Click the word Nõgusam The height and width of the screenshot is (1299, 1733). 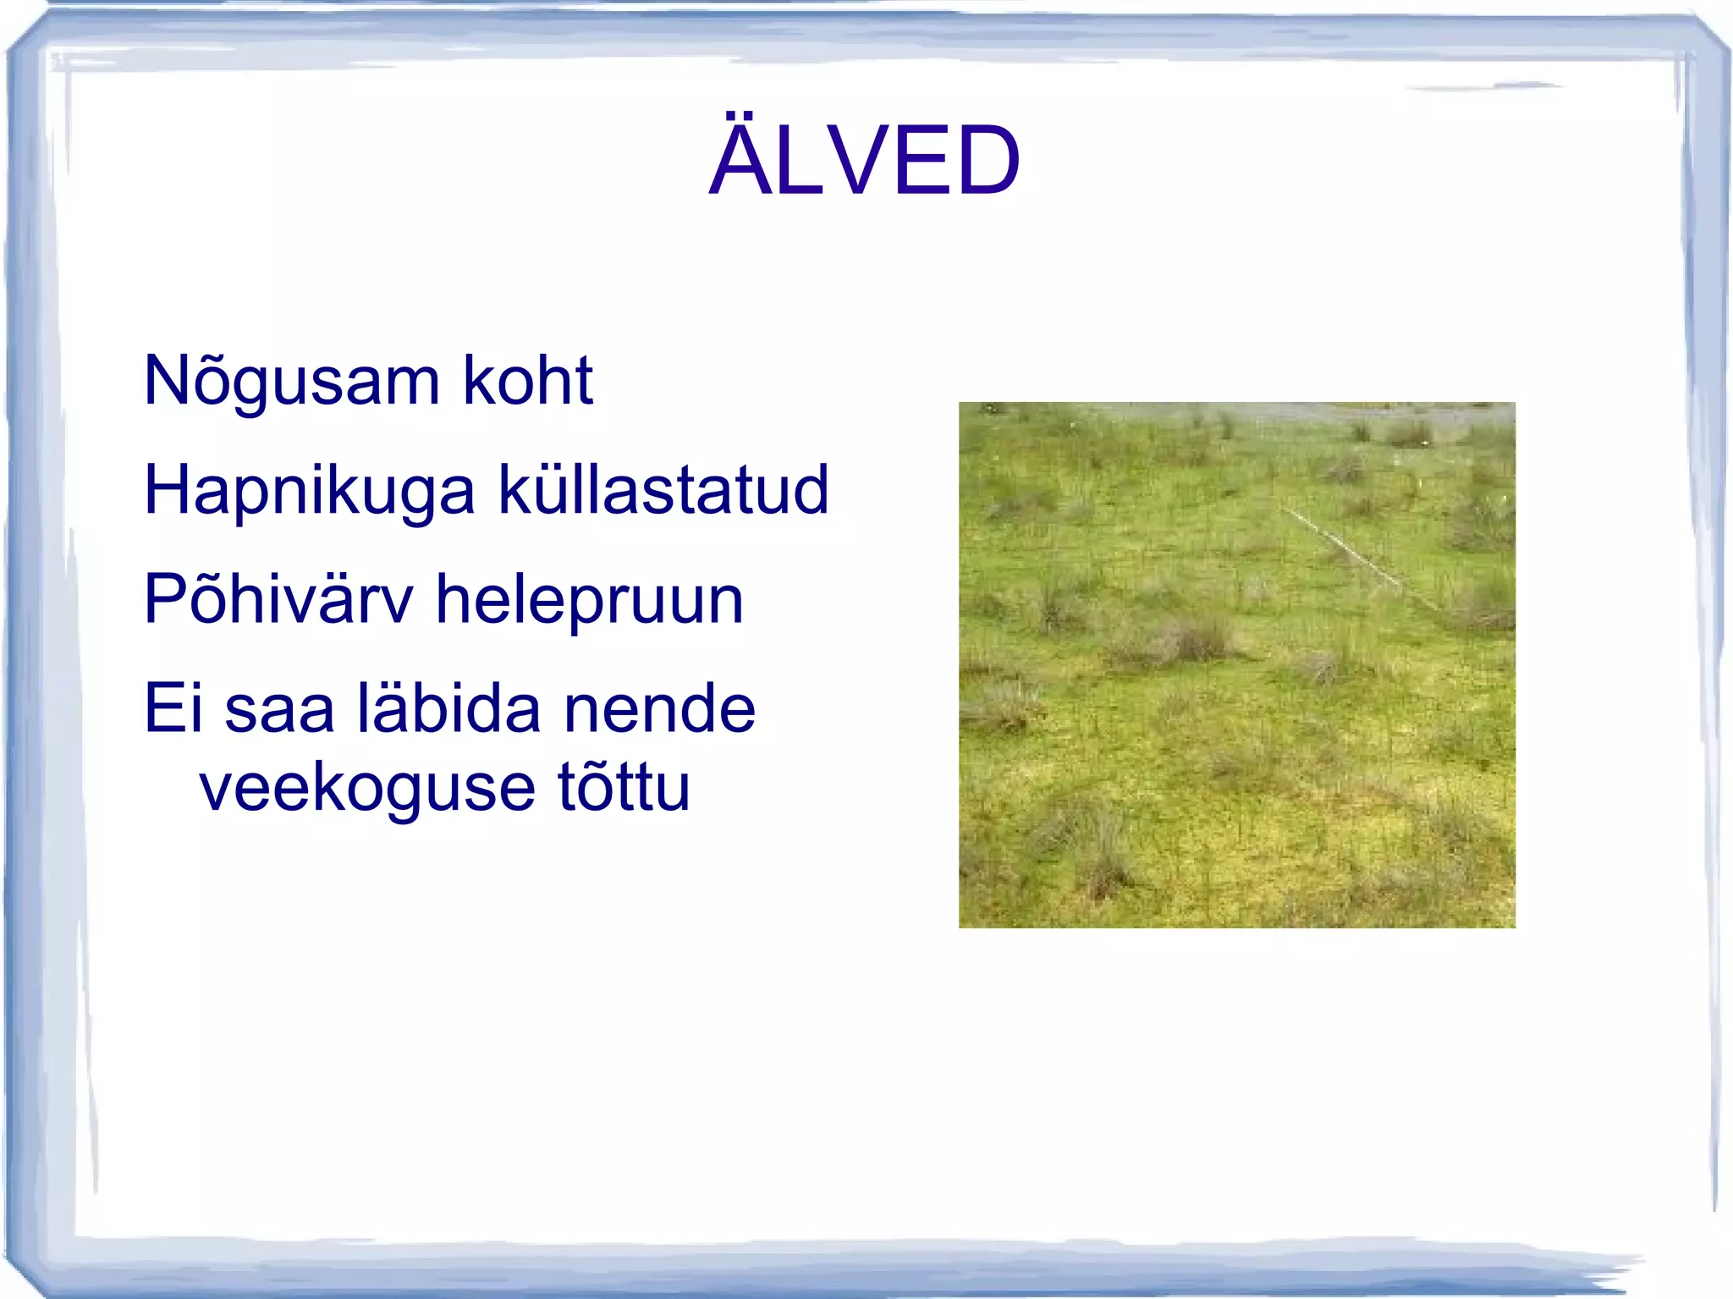click(292, 382)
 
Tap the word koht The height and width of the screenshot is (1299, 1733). click(528, 380)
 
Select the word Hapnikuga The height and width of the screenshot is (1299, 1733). click(310, 492)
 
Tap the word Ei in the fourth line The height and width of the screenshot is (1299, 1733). click(173, 708)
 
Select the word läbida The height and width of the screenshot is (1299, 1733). click(449, 708)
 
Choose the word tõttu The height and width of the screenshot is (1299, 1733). click(624, 787)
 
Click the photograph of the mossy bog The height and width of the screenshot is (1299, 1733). click(1236, 664)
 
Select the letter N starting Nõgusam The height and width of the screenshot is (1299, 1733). click(165, 380)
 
